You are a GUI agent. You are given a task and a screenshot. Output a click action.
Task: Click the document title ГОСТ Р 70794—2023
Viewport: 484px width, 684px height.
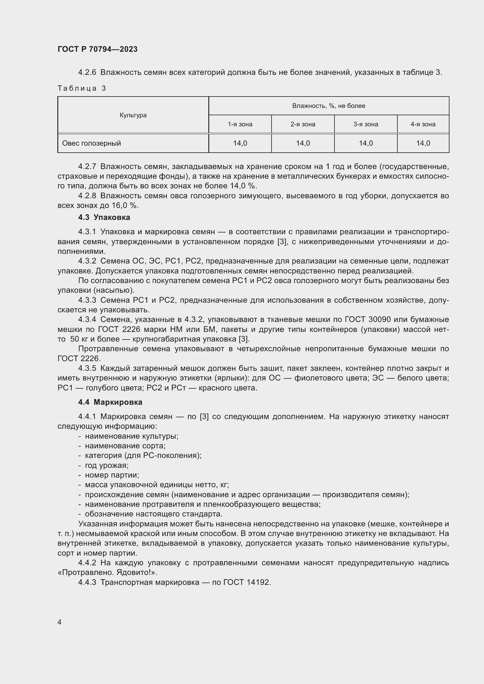[x=97, y=49]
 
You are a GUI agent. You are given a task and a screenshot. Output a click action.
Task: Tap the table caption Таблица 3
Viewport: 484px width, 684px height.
[x=82, y=88]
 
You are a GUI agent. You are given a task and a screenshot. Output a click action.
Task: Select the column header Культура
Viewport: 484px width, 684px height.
[x=133, y=115]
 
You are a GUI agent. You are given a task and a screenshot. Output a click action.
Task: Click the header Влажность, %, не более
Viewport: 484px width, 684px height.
[x=328, y=106]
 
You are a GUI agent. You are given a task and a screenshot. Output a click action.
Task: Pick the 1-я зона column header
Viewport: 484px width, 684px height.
[x=240, y=124]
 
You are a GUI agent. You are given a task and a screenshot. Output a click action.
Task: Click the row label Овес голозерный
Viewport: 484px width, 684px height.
[x=92, y=143]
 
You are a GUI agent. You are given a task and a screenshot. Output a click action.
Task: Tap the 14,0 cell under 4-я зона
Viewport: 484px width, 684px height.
[x=423, y=143]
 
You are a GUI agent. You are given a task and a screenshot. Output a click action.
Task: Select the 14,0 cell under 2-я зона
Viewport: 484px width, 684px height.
[x=303, y=143]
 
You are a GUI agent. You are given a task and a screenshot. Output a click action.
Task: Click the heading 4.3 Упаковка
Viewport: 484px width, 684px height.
[x=104, y=218]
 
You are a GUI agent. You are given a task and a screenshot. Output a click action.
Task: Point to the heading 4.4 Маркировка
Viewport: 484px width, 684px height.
[x=110, y=402]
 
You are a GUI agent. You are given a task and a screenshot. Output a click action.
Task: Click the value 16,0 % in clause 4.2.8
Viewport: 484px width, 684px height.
[x=125, y=206]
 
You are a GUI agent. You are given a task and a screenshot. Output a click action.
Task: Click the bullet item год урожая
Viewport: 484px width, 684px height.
[x=107, y=465]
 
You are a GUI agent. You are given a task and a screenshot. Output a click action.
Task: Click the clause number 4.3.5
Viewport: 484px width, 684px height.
[x=87, y=368]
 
